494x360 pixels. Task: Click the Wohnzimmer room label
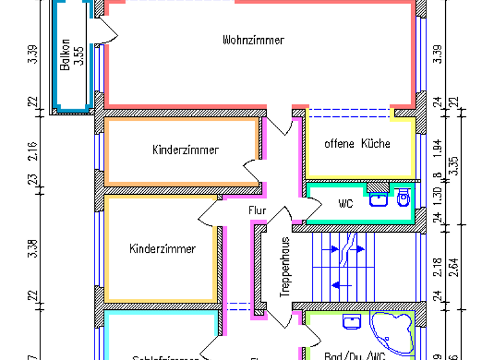(253, 40)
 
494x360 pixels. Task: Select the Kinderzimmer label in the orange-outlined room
(185, 150)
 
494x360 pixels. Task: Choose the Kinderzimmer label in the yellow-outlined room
(162, 248)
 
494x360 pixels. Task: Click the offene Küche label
(357, 143)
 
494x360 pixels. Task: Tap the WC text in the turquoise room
(345, 204)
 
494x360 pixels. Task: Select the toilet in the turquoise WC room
(403, 198)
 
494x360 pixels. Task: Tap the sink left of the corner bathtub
(351, 321)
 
